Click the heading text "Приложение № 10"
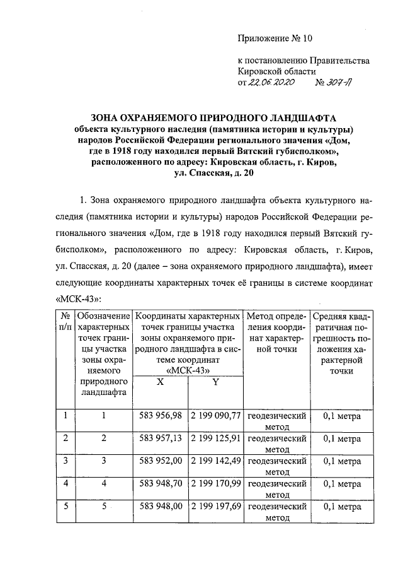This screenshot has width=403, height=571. (275, 38)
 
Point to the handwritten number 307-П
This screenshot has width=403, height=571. (338, 83)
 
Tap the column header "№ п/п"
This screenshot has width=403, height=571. (64, 321)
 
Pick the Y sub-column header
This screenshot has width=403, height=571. (215, 382)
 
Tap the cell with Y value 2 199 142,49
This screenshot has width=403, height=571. (215, 461)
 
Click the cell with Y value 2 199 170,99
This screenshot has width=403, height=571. (215, 484)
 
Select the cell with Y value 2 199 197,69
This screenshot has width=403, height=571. (215, 507)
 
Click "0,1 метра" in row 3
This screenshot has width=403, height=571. (341, 461)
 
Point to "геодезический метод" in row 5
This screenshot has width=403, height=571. (276, 512)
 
